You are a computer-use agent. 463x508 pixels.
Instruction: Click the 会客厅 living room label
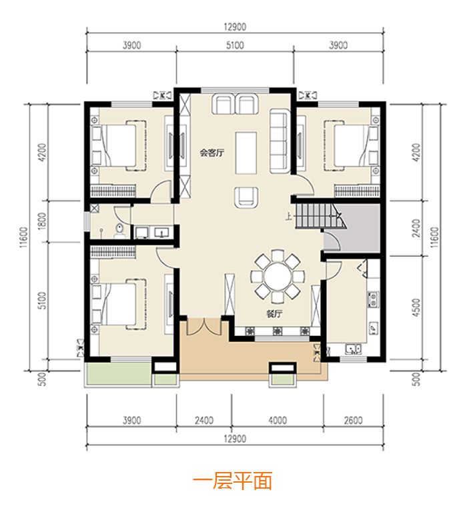point(212,153)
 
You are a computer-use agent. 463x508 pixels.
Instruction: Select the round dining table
point(278,277)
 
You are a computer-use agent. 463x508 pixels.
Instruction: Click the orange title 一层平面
point(232,481)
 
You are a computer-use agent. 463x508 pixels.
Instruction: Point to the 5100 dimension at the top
point(235,45)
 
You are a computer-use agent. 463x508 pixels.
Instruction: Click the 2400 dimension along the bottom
point(204,420)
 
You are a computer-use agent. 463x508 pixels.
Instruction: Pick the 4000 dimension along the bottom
point(278,420)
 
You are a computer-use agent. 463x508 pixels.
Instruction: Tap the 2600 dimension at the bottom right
point(353,420)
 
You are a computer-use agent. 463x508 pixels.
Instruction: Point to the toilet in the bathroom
point(119,231)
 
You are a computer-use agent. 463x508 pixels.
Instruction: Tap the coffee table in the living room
point(246,153)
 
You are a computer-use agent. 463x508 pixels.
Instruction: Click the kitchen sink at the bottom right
point(354,349)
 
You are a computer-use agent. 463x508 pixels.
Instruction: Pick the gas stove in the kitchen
point(373,300)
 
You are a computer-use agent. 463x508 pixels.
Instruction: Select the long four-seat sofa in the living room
point(280,141)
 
